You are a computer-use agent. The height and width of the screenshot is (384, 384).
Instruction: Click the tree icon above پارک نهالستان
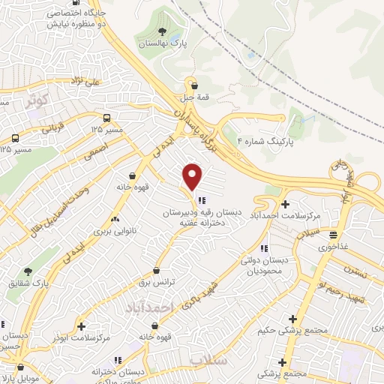coord(163,31)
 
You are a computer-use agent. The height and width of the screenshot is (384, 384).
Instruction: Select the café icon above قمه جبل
coord(195,85)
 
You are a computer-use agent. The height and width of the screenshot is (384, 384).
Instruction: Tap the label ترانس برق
coord(156,282)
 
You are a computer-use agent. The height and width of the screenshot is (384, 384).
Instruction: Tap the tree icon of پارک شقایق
coord(28,271)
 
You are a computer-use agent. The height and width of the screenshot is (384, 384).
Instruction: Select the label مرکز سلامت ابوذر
coord(82,337)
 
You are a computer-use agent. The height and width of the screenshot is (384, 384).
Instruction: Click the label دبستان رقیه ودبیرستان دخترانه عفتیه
coord(204,217)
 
